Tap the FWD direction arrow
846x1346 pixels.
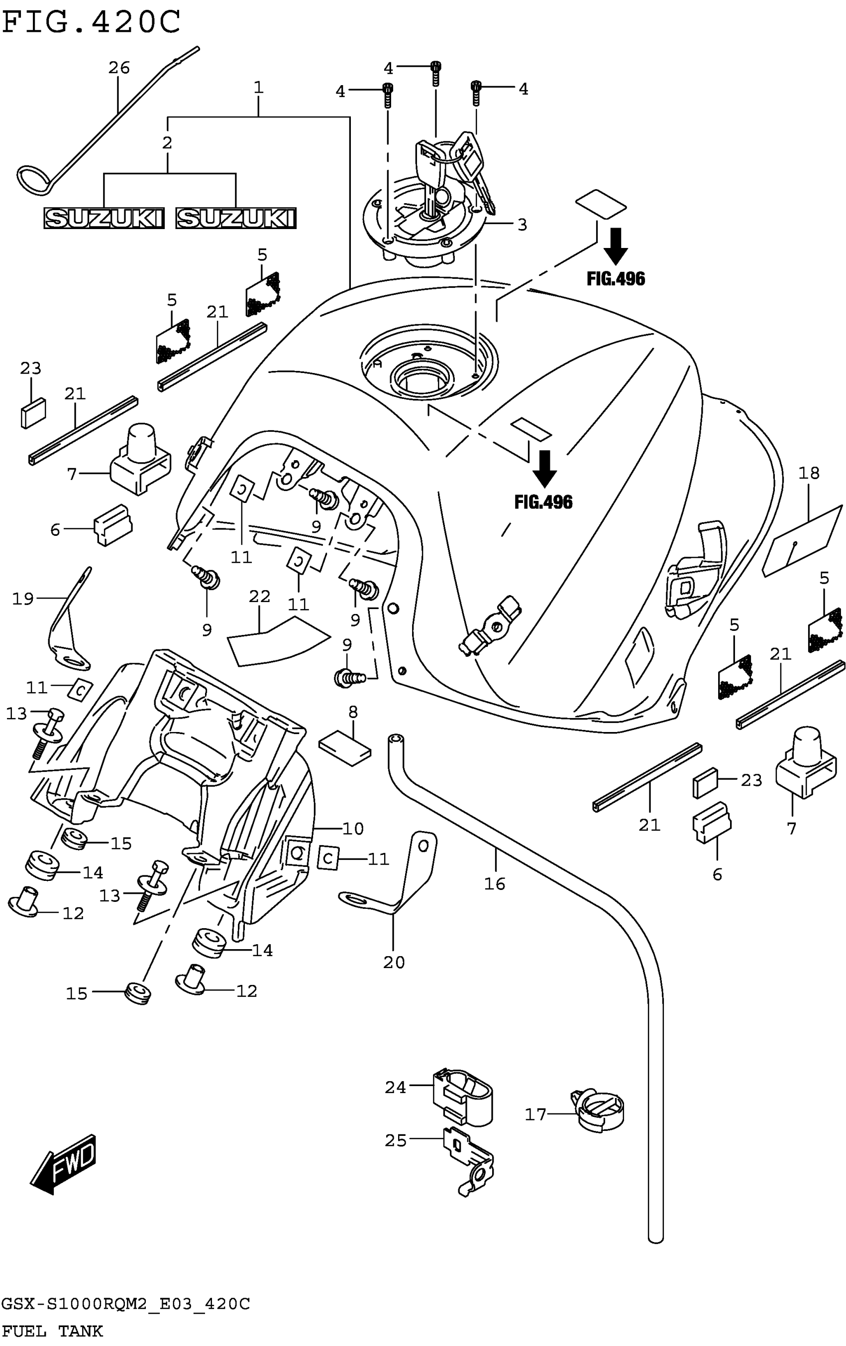(x=63, y=1164)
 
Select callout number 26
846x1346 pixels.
(x=118, y=68)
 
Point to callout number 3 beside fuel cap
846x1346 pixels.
(x=522, y=225)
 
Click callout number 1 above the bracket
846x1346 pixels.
(x=258, y=88)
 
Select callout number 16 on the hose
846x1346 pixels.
(x=495, y=884)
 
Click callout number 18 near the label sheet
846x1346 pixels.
(x=809, y=474)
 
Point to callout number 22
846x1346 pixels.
(x=260, y=597)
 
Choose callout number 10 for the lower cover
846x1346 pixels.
(x=353, y=829)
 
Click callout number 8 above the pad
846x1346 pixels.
(x=353, y=712)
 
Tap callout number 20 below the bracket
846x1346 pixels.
(x=393, y=962)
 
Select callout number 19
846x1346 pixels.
(x=23, y=599)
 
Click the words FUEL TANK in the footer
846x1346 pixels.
(x=52, y=1332)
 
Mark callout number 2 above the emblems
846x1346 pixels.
(x=167, y=143)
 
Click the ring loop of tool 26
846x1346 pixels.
(x=33, y=179)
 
